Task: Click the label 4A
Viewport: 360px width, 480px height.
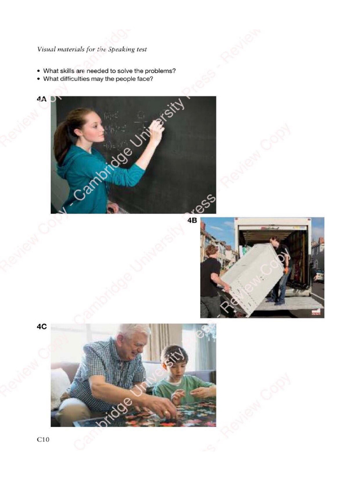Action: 42,99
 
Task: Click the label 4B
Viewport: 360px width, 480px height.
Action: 192,221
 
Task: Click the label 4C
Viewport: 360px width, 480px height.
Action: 42,327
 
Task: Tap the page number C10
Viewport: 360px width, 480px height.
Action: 43,439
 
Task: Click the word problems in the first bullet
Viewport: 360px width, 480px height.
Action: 162,71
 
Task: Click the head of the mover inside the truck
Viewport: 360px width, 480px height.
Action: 274,242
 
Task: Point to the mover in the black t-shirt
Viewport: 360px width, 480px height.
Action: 210,277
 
